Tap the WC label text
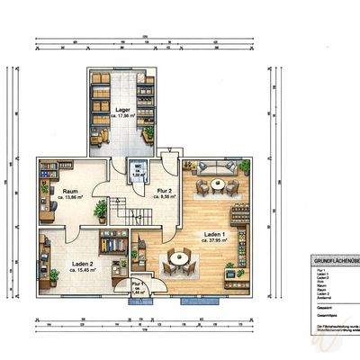click(x=139, y=166)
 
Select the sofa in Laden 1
click(x=217, y=167)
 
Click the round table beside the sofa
click(x=217, y=185)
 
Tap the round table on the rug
click(x=182, y=257)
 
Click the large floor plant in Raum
click(x=101, y=210)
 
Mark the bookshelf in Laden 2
click(x=112, y=242)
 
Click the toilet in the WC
click(x=139, y=177)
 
